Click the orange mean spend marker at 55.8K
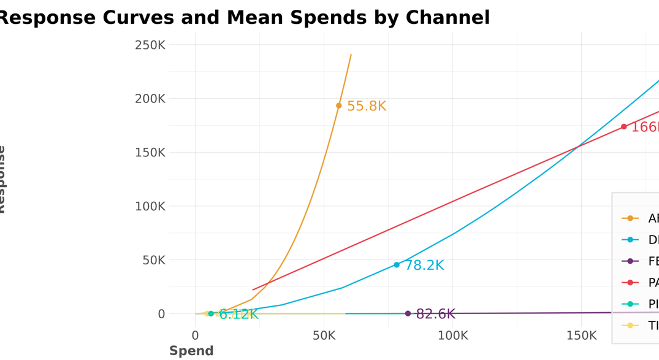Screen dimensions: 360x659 [339, 105]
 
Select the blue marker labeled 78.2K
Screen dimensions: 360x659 [397, 265]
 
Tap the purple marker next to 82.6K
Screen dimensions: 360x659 [408, 313]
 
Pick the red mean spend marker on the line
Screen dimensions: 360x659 [624, 127]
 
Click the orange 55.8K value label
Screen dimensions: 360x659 [367, 107]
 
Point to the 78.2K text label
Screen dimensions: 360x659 [424, 266]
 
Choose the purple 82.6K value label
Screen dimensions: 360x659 [435, 315]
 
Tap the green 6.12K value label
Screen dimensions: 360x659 [238, 315]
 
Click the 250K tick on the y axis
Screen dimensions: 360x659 [150, 45]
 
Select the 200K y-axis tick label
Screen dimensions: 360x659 [150, 99]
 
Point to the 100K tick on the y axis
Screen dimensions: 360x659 [150, 207]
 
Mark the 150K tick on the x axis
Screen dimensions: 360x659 [581, 335]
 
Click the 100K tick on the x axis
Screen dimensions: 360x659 [452, 335]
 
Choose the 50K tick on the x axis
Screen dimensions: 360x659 [324, 335]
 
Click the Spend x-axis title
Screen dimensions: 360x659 [191, 351]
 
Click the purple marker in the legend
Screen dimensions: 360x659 [630, 261]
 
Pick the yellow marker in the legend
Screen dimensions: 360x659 [630, 326]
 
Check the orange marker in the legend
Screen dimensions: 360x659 [630, 218]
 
